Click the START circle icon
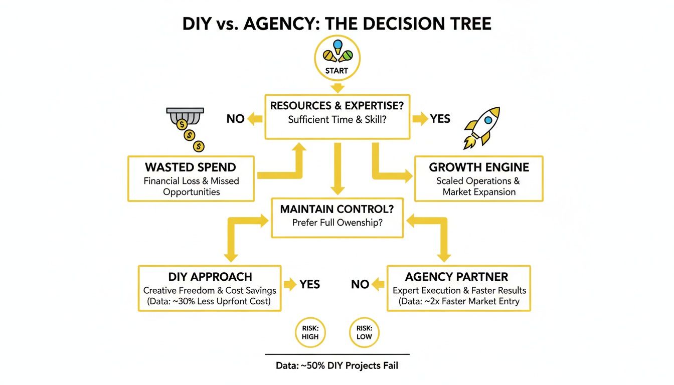336,58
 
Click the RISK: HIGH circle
310,332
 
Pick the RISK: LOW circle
364,332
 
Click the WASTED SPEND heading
191,167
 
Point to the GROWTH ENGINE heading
479,167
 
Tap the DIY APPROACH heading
210,277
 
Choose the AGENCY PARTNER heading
456,277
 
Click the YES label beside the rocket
440,119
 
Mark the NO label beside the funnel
236,119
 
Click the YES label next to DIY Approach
309,284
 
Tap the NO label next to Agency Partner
360,284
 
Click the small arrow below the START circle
336,88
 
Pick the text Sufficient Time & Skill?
337,120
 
